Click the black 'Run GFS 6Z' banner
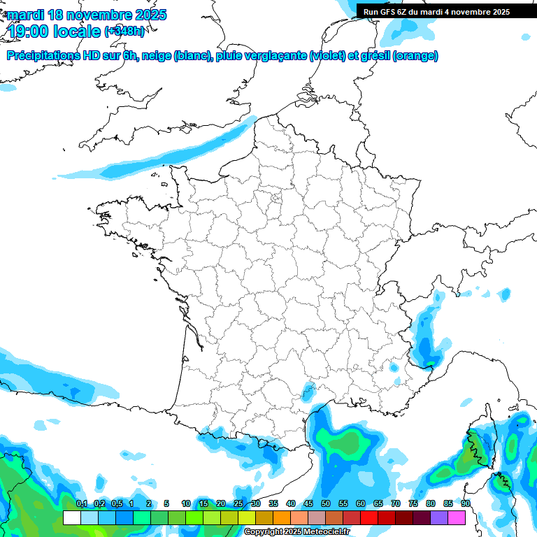coord(446,11)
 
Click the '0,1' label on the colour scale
coord(81,503)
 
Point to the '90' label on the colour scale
coord(465,503)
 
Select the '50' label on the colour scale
coord(326,503)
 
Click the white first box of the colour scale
coord(71,517)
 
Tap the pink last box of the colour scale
coord(457,517)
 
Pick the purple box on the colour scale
coord(439,517)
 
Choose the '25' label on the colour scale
coord(238,503)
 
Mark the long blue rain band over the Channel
coord(178,150)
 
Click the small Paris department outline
coord(276,199)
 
